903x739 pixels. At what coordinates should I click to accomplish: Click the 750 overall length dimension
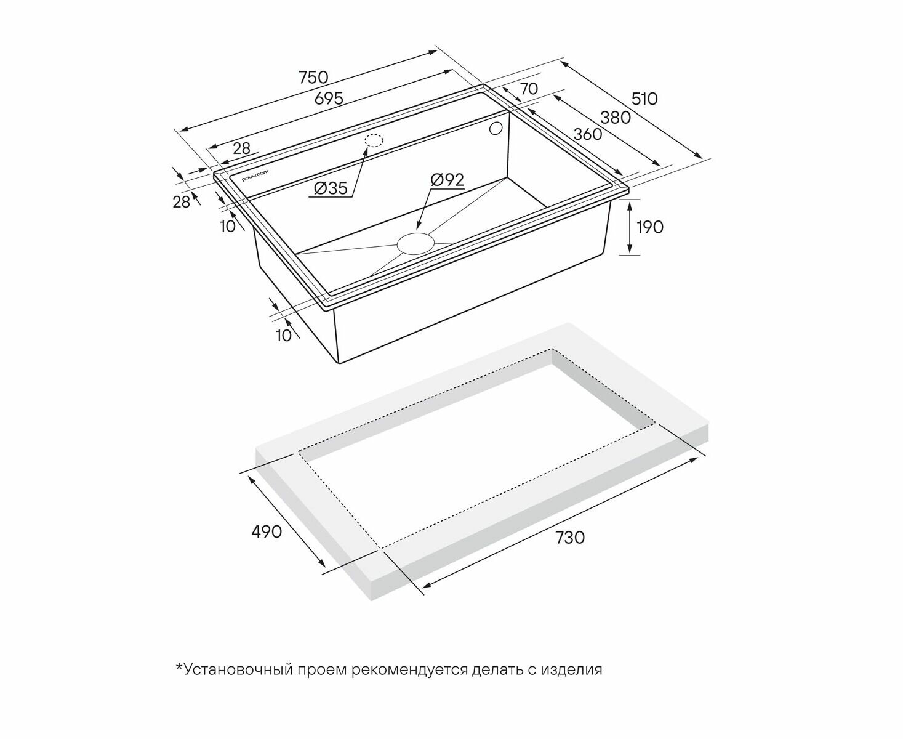tap(313, 78)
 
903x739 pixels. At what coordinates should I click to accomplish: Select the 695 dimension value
tap(329, 99)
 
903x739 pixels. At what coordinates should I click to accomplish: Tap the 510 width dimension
tap(644, 99)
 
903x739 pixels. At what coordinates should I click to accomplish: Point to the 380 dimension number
tap(616, 118)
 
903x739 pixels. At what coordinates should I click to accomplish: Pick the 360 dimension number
tap(588, 134)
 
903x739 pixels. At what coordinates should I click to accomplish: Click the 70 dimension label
tap(529, 89)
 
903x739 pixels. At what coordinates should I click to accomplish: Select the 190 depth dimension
tap(650, 227)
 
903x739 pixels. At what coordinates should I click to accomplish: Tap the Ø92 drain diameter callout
tap(447, 179)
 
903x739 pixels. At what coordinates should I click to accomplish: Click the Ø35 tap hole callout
tap(331, 188)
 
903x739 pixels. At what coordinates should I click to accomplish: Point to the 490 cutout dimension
tap(267, 531)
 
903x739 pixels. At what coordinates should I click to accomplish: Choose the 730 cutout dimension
tap(570, 537)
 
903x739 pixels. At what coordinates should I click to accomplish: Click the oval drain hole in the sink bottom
tap(415, 243)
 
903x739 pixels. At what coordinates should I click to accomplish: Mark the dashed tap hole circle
tap(374, 141)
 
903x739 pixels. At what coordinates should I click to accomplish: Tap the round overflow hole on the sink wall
tap(496, 129)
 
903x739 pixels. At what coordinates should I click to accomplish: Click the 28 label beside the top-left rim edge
tap(241, 148)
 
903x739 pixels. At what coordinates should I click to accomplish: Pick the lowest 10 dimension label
tap(284, 336)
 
